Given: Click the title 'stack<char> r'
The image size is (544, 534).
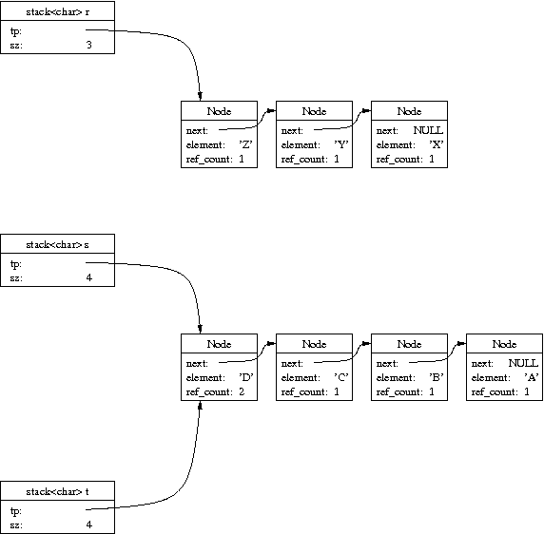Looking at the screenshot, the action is click(x=58, y=12).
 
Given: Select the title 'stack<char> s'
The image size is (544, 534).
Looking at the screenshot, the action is click(x=58, y=245).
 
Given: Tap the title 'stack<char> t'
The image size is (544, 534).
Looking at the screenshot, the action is click(x=58, y=492).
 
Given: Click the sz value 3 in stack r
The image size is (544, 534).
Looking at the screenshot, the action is click(x=89, y=45).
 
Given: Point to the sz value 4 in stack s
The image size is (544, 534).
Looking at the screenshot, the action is click(x=89, y=277).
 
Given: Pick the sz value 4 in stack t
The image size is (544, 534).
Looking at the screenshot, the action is click(x=89, y=524).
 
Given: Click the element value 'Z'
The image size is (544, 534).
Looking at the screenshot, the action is click(x=245, y=144).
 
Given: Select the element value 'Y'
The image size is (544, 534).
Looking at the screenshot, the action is click(x=341, y=144).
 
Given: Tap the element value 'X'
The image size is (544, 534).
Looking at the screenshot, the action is click(x=437, y=144).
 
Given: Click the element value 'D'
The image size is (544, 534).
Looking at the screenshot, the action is click(x=246, y=377).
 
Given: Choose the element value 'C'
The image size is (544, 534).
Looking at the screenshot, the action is click(x=341, y=377).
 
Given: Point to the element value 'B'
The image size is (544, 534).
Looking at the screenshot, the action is click(x=437, y=377).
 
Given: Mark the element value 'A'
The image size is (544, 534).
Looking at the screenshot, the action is click(x=532, y=377).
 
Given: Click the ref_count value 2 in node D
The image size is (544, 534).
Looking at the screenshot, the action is click(x=242, y=391).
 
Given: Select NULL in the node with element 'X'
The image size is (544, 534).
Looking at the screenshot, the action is click(x=428, y=130).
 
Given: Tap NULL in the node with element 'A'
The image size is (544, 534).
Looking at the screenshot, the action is click(x=523, y=363).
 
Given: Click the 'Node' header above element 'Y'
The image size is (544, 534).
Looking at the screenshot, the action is click(x=315, y=111).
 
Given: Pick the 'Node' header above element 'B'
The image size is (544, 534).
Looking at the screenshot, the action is click(x=409, y=344).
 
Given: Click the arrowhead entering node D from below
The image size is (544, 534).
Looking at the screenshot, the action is click(x=200, y=405).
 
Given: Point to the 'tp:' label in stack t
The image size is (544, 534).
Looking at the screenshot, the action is click(x=16, y=511).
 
